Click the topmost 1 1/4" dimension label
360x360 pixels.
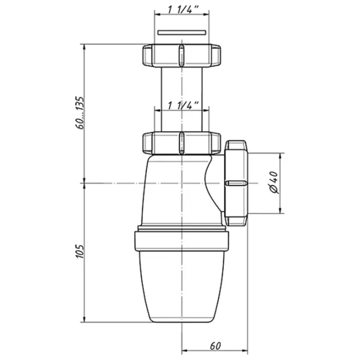(183, 10)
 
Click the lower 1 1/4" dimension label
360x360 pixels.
(183, 106)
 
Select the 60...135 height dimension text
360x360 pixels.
(80, 113)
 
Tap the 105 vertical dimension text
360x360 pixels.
(80, 251)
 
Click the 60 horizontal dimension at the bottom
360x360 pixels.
(215, 346)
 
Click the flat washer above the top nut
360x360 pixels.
(182, 32)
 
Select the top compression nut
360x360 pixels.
(182, 55)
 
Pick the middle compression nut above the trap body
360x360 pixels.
(182, 143)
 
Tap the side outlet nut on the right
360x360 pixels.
(236, 183)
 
